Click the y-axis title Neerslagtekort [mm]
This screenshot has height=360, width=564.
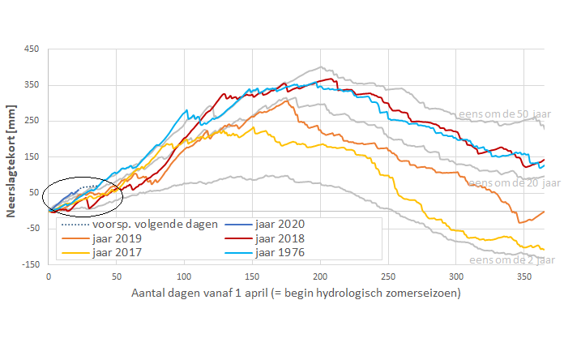pos(12,156)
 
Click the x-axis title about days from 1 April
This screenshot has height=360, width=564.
pos(296,293)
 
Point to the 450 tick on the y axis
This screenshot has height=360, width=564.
pos(32,49)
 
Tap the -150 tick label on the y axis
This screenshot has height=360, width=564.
pos(30,264)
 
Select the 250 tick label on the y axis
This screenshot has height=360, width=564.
pos(32,121)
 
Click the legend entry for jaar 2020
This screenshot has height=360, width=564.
pos(281,224)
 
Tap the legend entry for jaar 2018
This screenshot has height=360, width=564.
pos(281,238)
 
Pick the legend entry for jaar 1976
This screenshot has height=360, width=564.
pos(281,252)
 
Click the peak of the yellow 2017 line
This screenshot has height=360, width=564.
pos(253,126)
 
